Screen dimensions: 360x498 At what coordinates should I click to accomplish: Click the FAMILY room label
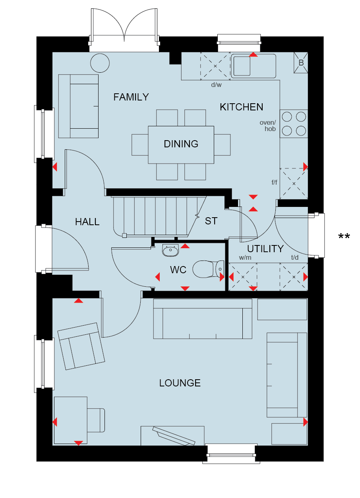tap(131, 97)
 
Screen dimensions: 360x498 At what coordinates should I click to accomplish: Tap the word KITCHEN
tap(242, 107)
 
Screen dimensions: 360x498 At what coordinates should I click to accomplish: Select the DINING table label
tap(181, 144)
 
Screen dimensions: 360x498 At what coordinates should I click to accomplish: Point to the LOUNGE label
tap(180, 383)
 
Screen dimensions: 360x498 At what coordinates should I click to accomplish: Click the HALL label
tap(87, 222)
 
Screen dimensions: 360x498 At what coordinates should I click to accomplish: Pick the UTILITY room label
tap(265, 249)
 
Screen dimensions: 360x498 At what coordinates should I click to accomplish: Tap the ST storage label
tap(211, 221)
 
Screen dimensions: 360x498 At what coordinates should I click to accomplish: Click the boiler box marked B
tap(301, 63)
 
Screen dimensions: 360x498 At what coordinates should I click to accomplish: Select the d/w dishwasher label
tap(216, 85)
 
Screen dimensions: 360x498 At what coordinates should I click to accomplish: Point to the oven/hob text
tap(268, 125)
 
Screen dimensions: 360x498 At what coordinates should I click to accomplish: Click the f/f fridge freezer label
tap(274, 182)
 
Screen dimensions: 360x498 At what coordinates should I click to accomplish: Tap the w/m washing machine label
tap(245, 257)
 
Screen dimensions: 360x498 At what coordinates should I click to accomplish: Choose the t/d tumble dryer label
tap(295, 257)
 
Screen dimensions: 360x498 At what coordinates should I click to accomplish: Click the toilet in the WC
tap(208, 269)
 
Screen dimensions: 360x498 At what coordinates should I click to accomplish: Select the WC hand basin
tap(170, 250)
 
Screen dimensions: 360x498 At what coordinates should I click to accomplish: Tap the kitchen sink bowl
tap(242, 66)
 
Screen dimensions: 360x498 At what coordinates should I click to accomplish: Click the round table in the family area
tap(100, 63)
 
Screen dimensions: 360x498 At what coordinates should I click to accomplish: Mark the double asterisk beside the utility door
tap(344, 236)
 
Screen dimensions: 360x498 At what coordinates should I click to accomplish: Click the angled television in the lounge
tap(174, 436)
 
